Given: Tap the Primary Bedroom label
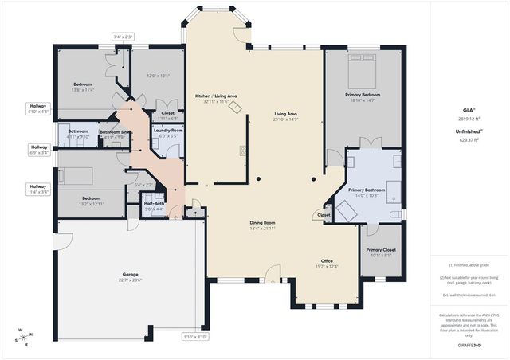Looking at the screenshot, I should tap(363, 95).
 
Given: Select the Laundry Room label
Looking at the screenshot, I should tap(168, 130).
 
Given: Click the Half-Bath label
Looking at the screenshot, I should tap(154, 203).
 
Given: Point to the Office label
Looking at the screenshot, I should tap(327, 261).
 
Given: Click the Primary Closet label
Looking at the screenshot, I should tap(380, 250).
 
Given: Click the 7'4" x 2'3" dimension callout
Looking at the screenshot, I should tap(123, 37).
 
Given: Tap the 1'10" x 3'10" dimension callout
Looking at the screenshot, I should tap(194, 336).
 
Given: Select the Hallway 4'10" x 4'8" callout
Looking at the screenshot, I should tap(39, 109).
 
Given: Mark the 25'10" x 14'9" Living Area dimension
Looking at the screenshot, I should tap(285, 119).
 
